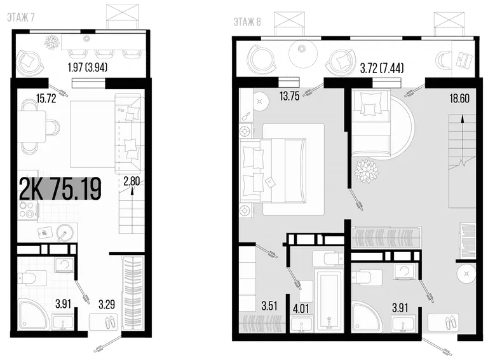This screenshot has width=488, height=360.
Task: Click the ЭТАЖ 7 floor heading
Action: click(20, 18)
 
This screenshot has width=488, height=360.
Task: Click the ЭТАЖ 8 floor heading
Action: click(247, 22)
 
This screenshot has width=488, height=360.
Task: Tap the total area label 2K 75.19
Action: click(60, 189)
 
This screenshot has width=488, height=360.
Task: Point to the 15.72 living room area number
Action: click(46, 99)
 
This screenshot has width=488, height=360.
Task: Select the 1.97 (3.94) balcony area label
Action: click(88, 67)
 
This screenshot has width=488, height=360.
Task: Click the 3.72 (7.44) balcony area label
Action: click(382, 68)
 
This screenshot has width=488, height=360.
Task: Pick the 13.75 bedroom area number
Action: click(290, 96)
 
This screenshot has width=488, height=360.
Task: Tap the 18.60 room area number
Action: click(459, 99)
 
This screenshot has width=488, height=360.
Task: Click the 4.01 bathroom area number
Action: click(301, 308)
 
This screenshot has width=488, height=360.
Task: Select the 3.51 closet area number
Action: click(269, 306)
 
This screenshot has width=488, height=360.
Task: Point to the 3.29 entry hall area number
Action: click(107, 304)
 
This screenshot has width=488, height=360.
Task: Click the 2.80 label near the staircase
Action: click(132, 181)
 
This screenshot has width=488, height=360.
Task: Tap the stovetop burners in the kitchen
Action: click(26, 210)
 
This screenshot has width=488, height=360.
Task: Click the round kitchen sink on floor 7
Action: click(65, 233)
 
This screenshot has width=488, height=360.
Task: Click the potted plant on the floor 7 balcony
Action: click(52, 42)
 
